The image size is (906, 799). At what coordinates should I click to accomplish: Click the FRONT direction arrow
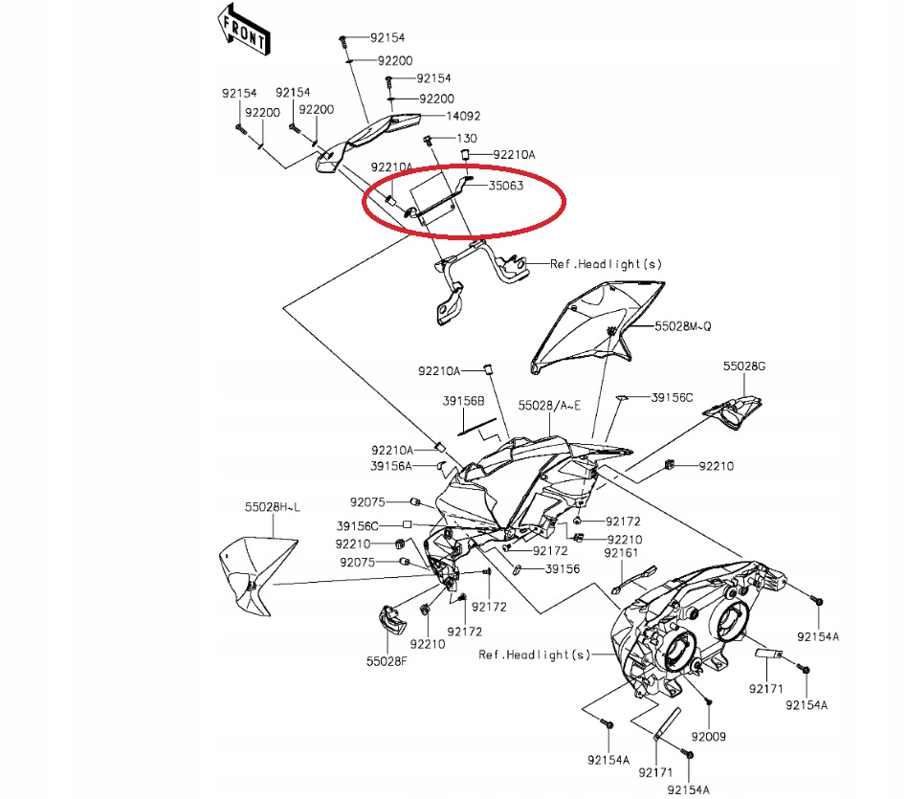(x=243, y=30)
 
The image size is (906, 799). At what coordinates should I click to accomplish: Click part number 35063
(x=506, y=186)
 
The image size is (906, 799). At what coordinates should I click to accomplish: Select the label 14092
(x=463, y=116)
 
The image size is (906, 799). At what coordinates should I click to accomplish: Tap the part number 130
(x=467, y=139)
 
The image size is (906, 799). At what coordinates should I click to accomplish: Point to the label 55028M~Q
(x=683, y=326)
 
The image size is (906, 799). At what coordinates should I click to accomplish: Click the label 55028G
(x=744, y=366)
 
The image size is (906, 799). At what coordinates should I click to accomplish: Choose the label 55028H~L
(x=272, y=507)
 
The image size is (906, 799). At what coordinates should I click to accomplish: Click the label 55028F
(x=387, y=661)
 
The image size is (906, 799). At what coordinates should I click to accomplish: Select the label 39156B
(x=463, y=401)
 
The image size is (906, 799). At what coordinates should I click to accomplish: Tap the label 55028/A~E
(x=549, y=406)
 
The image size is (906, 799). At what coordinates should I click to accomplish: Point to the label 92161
(x=621, y=553)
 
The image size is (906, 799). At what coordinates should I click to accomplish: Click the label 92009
(x=708, y=737)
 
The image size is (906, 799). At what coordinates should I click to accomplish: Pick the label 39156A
(x=391, y=466)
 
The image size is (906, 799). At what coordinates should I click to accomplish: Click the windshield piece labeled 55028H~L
(x=257, y=575)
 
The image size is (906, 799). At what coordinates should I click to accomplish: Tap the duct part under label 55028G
(x=733, y=411)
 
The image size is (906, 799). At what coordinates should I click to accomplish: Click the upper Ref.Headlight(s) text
(x=607, y=264)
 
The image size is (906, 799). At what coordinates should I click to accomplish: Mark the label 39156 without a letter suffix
(x=563, y=569)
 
